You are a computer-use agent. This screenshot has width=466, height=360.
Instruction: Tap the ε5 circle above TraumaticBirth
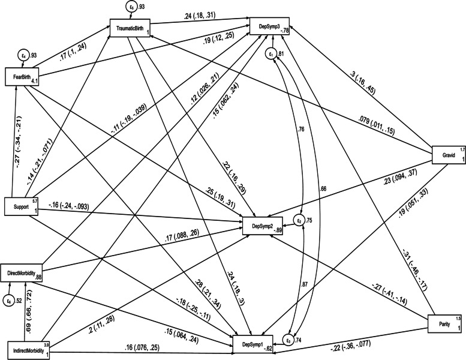[131, 7]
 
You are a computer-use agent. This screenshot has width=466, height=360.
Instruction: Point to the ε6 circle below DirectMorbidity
[9, 299]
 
